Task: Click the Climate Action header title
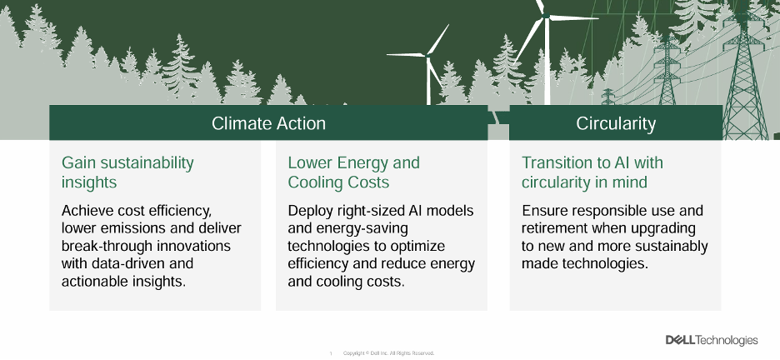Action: tap(268, 123)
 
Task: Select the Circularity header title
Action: tap(615, 123)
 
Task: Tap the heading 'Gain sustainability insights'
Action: tap(127, 172)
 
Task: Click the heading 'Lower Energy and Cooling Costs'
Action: tap(353, 172)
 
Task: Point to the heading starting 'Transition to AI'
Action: tap(592, 172)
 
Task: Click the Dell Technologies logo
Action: tap(711, 340)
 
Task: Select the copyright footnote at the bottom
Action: tap(388, 353)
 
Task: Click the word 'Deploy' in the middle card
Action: tap(310, 210)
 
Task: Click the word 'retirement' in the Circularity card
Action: tap(558, 228)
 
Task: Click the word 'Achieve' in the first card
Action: tap(89, 210)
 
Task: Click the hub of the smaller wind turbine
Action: tap(428, 55)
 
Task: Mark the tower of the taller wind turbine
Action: tap(548, 67)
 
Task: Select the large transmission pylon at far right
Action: tap(743, 75)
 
